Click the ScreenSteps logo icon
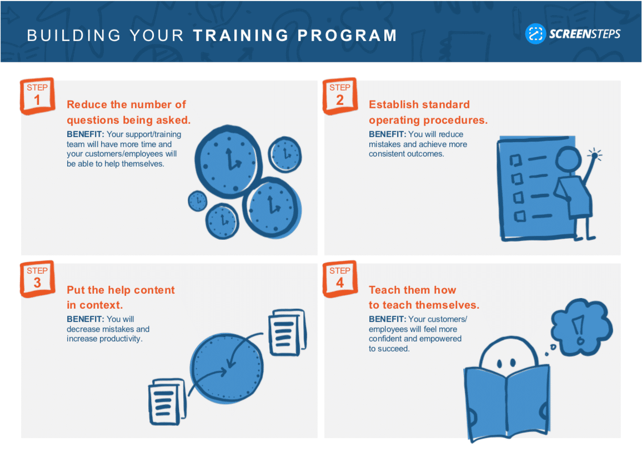click(535, 33)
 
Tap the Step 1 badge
click(37, 96)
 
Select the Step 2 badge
click(340, 96)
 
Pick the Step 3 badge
click(37, 279)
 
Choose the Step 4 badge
click(340, 279)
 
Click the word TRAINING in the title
click(241, 36)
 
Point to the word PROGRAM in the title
click(347, 36)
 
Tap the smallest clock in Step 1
click(198, 201)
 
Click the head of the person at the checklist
click(568, 159)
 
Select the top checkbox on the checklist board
click(516, 160)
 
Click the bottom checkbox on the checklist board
click(520, 216)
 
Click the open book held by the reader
click(507, 402)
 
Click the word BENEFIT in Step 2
click(387, 134)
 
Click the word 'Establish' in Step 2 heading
click(393, 104)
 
